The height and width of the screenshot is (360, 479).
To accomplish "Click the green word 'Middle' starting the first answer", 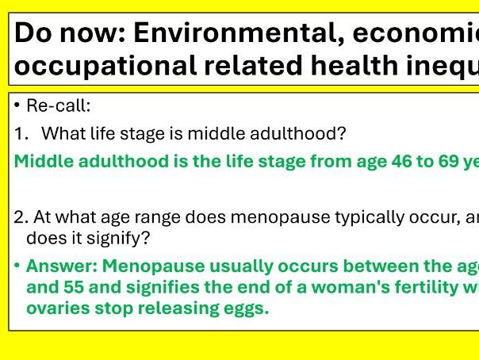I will (40, 162).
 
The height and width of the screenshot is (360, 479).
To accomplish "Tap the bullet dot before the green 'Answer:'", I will (18, 266).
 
